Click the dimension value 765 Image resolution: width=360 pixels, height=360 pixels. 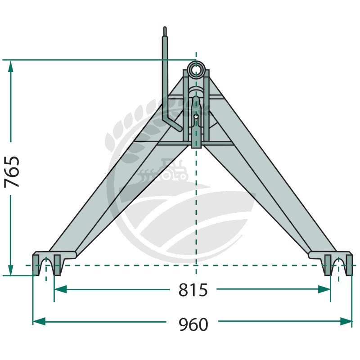pos(12,172)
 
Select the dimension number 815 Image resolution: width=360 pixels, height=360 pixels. pos(193,290)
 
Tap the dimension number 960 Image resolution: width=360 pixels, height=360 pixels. pos(193,324)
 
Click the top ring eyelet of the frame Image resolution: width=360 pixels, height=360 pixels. pos(196,69)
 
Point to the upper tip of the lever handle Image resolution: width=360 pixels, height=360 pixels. pos(165,28)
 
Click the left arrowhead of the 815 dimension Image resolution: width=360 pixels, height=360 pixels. pos(60,289)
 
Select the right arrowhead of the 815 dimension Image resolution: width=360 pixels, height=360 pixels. pos(324,289)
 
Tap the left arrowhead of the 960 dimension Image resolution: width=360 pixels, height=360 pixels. pos(39,321)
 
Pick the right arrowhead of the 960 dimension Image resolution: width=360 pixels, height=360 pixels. pos(346,321)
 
